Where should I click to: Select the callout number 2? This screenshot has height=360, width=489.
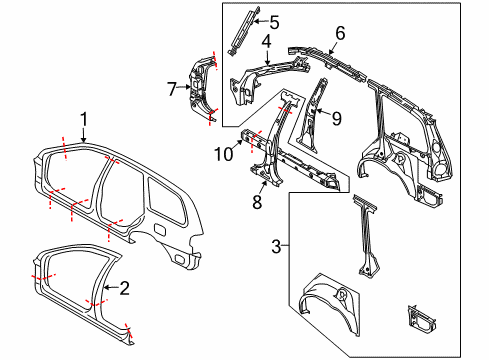click(x=124, y=289)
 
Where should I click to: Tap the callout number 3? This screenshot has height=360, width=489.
click(x=277, y=244)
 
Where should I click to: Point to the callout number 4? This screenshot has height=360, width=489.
click(x=266, y=42)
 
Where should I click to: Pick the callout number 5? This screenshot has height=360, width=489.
click(x=274, y=19)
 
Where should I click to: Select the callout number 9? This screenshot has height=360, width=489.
click(x=336, y=118)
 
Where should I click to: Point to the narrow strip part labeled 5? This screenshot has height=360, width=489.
click(x=238, y=33)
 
